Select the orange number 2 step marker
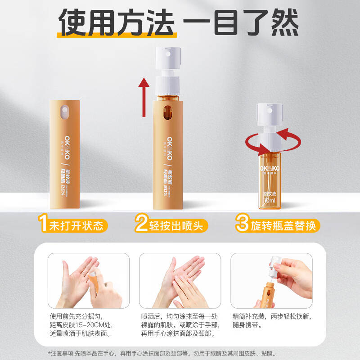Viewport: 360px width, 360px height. point(142,224)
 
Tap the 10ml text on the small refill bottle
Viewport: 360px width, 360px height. point(270,199)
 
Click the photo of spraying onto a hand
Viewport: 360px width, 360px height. point(89,280)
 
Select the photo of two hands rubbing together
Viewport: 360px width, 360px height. point(180,280)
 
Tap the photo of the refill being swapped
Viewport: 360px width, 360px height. point(271,280)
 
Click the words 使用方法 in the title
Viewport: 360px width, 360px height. point(118,22)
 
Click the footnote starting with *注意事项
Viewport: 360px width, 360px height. point(180,353)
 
